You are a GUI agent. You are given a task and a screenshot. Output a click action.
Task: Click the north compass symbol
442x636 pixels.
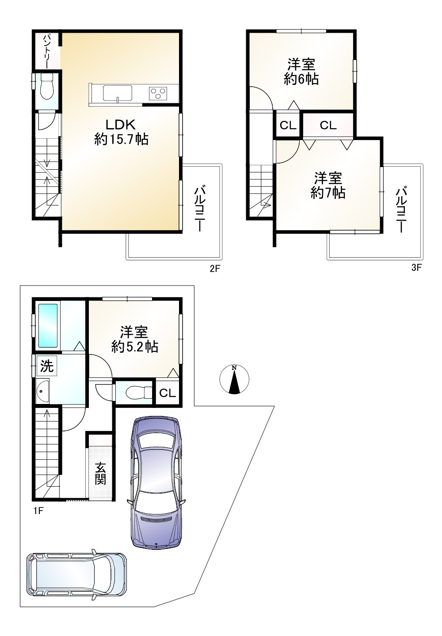tap(234, 379)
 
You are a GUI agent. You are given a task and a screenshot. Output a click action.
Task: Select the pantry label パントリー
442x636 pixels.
tap(46, 51)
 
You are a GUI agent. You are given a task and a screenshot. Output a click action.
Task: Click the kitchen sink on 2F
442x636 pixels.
tap(117, 93)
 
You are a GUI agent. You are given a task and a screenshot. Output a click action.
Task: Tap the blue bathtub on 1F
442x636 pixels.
tap(48, 325)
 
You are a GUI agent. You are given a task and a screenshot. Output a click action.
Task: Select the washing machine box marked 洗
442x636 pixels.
tap(46, 366)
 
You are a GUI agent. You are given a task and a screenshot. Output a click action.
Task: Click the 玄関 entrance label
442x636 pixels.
tap(100, 473)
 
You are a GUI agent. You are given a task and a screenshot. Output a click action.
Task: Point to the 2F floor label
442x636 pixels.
tap(214, 268)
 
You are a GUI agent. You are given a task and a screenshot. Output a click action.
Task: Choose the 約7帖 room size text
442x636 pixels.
tap(328, 193)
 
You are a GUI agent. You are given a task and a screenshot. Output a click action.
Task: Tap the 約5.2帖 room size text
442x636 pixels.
tap(134, 347)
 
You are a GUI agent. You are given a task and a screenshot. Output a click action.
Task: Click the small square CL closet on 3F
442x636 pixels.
tap(288, 126)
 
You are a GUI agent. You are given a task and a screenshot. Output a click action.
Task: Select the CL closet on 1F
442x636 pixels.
tap(168, 393)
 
